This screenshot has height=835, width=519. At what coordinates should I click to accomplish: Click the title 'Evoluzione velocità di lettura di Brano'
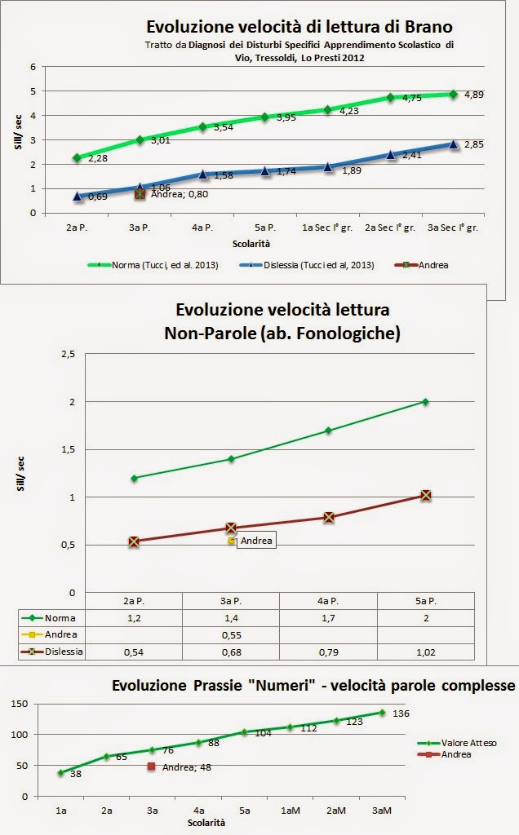pos(298,26)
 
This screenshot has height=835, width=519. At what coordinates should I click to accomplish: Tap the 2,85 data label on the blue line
pos(474,145)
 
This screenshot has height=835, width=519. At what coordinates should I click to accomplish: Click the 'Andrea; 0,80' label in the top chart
pos(180,194)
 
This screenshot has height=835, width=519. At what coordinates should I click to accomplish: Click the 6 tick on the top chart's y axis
pos(32,67)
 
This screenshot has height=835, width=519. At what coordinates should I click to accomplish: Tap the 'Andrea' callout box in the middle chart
pos(256,540)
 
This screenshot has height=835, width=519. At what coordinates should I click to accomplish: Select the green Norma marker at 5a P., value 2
pos(425,401)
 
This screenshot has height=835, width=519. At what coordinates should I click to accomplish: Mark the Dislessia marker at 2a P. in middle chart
pos(134,541)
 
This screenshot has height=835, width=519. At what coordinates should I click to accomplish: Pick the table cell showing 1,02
pos(425,652)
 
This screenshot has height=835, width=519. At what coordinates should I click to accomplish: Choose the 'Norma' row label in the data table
pos(60,618)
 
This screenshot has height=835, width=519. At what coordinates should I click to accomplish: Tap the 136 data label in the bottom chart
pos(401,714)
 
